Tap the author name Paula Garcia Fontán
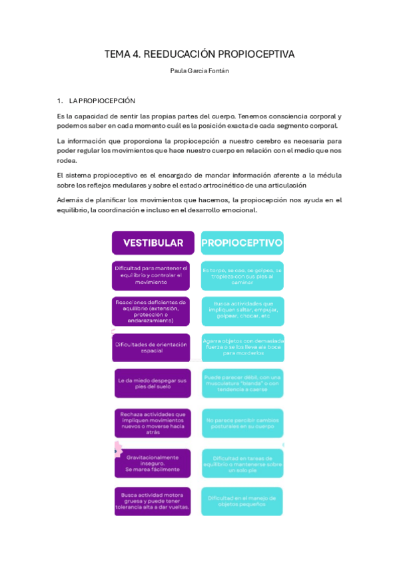coord(199,72)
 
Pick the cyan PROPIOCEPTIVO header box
coord(242,243)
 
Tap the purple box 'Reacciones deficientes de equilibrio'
coord(152,311)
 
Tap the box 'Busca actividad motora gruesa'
coord(152,501)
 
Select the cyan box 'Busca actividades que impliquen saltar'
coord(242,311)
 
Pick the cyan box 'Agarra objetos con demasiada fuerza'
coord(242,347)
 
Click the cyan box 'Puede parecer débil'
coord(242,384)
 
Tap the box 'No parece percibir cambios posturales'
coord(242,423)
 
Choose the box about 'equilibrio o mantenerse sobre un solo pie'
coord(242,463)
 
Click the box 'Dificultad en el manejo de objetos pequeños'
coord(242,501)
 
